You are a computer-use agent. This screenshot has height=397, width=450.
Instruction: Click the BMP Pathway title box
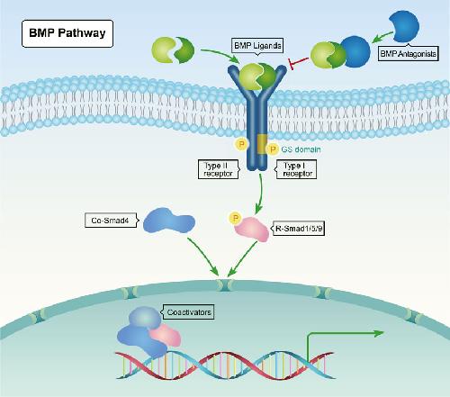[x=67, y=33]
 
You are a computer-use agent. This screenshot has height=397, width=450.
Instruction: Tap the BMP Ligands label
[x=257, y=46]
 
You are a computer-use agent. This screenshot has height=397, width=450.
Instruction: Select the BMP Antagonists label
[x=408, y=54]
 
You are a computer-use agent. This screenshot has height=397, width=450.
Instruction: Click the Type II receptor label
[x=219, y=169]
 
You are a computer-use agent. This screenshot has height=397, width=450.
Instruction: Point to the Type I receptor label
[x=296, y=169]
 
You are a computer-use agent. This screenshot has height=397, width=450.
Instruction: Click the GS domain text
[x=301, y=149]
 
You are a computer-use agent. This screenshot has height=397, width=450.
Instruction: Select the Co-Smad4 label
[x=111, y=221]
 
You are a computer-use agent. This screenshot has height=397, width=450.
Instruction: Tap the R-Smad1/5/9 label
[x=298, y=229]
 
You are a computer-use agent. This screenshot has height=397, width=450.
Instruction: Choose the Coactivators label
[x=188, y=312]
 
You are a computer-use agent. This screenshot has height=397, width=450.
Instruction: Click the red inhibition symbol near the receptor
[x=298, y=63]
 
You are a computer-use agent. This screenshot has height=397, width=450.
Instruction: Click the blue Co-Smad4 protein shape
[x=168, y=221]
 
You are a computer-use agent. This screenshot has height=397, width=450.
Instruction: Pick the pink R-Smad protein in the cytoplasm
[x=252, y=230]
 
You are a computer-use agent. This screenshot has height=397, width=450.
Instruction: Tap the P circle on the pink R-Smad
[x=236, y=218]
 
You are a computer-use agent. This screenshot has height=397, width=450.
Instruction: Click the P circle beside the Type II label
[x=241, y=144]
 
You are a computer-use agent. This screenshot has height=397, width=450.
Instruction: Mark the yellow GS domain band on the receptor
[x=262, y=144]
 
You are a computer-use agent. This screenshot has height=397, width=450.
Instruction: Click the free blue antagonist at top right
[x=405, y=26]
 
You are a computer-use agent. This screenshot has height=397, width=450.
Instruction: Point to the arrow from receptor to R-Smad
[x=261, y=194]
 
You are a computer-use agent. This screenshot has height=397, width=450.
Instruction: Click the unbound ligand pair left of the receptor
[x=173, y=50]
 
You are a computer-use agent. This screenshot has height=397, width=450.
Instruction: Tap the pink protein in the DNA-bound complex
[x=166, y=335]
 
